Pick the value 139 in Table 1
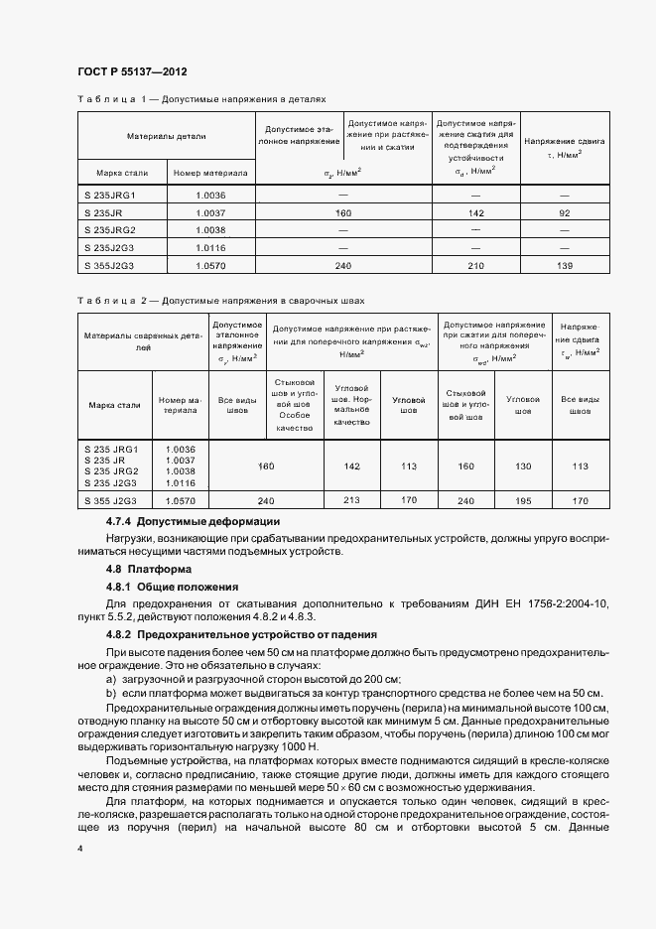(x=566, y=266)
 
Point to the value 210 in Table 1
(x=475, y=266)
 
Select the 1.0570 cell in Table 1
(x=211, y=266)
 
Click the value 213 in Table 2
(x=351, y=501)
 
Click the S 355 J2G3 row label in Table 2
(x=114, y=502)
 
